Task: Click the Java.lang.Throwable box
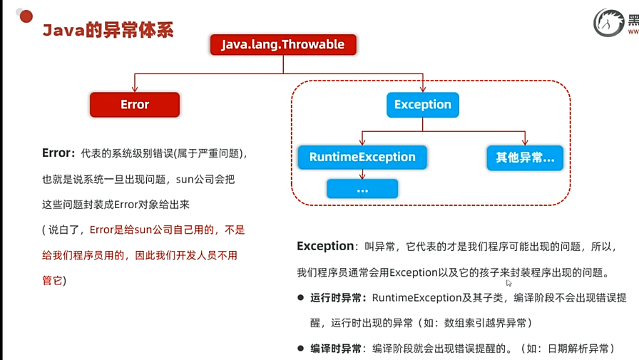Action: pos(283,44)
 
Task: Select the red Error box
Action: pos(135,104)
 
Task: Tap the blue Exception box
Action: pos(423,104)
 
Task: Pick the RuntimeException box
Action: pos(362,157)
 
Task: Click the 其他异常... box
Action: pos(525,157)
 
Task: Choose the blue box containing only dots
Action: pos(362,189)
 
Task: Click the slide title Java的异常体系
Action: pos(108,30)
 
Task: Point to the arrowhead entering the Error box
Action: pos(135,88)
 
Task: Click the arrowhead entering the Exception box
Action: pos(423,88)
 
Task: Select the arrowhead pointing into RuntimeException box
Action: pos(362,141)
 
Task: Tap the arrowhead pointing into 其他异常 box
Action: pos(525,141)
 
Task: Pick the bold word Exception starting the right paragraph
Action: pos(325,247)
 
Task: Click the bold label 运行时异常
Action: pos(338,298)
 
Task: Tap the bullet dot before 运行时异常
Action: pos(301,297)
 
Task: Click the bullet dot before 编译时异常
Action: pos(301,348)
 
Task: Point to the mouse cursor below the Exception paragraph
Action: pos(508,283)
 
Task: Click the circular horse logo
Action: pos(608,24)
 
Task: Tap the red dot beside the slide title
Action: pos(26,16)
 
